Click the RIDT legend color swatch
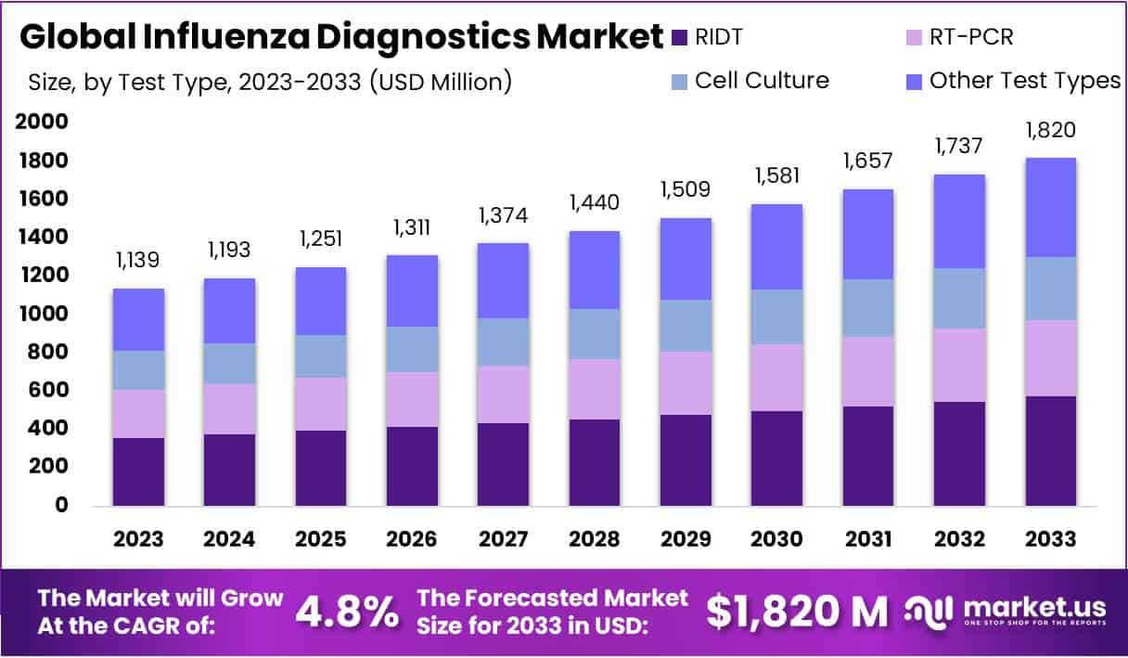pos(680,37)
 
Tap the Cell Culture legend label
pos(762,80)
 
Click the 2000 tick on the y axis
pos(42,122)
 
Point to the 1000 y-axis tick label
pos(42,314)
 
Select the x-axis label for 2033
pos(1052,539)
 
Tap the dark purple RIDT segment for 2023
pos(138,471)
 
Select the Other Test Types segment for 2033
pos(1052,207)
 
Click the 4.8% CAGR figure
pos(348,611)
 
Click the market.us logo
pos(1006,610)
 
